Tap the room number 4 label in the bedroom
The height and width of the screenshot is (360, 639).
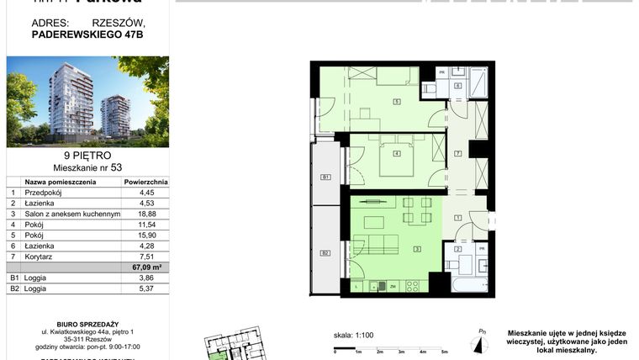pos(395,153)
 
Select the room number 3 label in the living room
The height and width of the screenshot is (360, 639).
pos(417,248)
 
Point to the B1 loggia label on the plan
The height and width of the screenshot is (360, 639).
pos(325,177)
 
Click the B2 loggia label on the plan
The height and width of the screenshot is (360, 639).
pos(325,252)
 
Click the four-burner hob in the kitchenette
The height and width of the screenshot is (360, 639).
pos(413,286)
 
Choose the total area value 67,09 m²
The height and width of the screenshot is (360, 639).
pos(146,267)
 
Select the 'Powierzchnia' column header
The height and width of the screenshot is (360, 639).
pos(146,181)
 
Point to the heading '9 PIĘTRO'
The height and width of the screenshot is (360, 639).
pos(87,155)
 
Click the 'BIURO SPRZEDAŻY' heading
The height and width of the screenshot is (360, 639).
pos(87,322)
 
